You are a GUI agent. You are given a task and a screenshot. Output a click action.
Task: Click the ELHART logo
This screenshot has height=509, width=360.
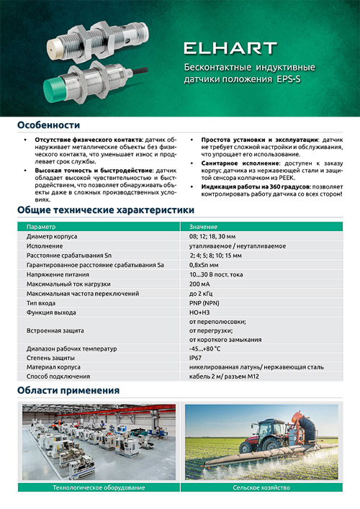pyautogui.click(x=230, y=49)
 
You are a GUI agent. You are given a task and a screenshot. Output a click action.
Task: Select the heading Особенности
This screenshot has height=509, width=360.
pyautogui.click(x=49, y=125)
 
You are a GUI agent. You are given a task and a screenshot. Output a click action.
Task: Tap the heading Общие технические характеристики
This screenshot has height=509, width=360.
pyautogui.click(x=105, y=210)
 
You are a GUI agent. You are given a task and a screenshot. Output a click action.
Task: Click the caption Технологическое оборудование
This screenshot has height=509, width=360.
pyautogui.click(x=93, y=488)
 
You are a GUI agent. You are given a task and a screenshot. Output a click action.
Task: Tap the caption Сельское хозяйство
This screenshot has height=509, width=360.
pyautogui.click(x=261, y=488)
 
